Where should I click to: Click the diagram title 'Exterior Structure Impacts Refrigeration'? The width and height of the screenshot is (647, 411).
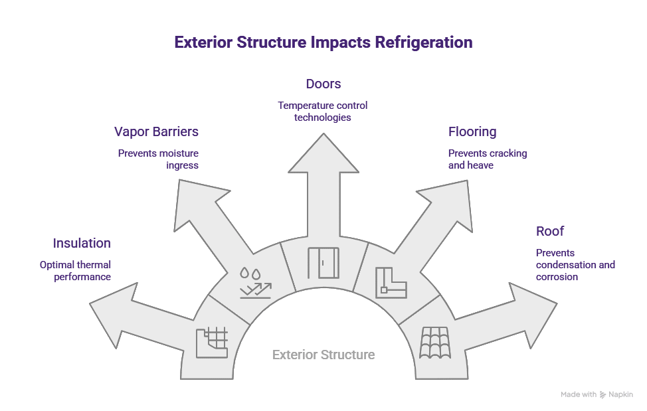[x=323, y=42]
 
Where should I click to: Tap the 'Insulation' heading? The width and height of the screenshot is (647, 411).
[x=82, y=243]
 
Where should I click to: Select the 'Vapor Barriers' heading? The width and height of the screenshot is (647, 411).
[x=156, y=131]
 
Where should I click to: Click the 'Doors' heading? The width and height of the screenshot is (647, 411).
[x=323, y=84]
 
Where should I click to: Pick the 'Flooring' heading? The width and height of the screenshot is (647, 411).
[x=472, y=131]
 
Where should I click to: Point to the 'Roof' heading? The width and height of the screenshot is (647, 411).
[x=549, y=231]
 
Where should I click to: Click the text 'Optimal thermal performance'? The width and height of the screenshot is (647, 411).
[x=75, y=270]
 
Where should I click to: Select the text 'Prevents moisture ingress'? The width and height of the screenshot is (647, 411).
[x=158, y=159]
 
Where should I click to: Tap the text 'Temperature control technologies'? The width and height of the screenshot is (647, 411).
[x=323, y=111]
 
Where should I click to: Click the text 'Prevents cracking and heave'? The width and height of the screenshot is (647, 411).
[x=487, y=159]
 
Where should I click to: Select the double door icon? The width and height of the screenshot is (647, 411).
[x=323, y=263]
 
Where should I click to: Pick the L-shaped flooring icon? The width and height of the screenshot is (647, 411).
[x=391, y=282]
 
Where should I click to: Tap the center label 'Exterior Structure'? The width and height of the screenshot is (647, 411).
[x=323, y=355]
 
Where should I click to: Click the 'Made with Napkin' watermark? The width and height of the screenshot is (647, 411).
[x=596, y=394]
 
